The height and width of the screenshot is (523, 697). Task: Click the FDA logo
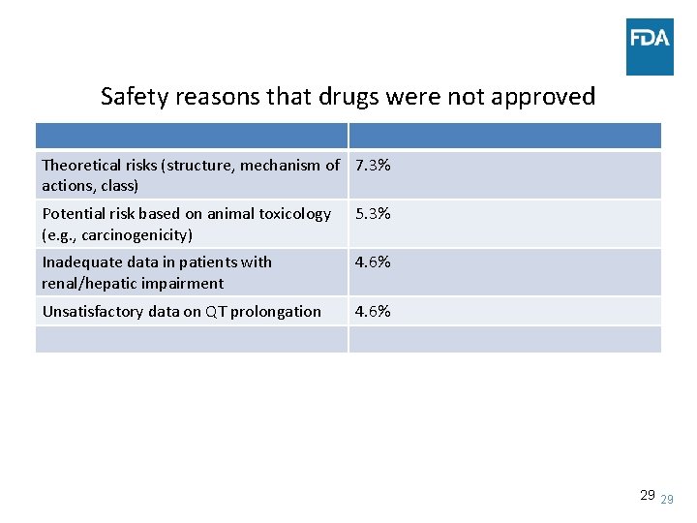tap(649, 46)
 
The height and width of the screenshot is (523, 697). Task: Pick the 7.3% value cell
tap(373, 166)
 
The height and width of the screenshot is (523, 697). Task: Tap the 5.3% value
tap(373, 214)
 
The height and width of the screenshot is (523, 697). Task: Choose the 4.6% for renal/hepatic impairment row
tap(373, 262)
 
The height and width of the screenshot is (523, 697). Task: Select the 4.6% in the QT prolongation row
tap(373, 312)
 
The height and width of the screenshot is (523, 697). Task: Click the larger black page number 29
tap(648, 495)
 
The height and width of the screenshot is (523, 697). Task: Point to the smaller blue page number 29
tap(666, 499)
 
